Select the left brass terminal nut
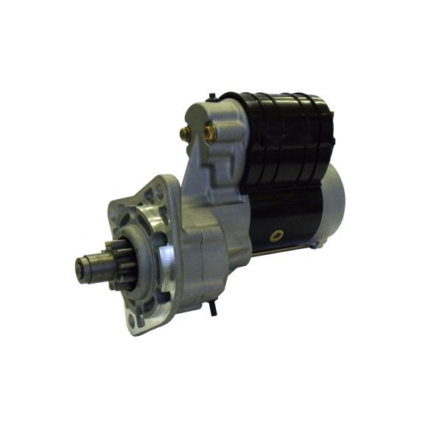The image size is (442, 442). pyautogui.click(x=184, y=134)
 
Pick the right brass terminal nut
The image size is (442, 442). pyautogui.click(x=210, y=133)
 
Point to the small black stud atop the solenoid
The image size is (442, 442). pyautogui.click(x=212, y=96)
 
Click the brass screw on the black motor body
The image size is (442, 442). pyautogui.click(x=278, y=236)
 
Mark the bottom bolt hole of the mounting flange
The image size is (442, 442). pyautogui.click(x=136, y=321)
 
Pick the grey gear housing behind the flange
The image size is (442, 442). pyautogui.click(x=206, y=250)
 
